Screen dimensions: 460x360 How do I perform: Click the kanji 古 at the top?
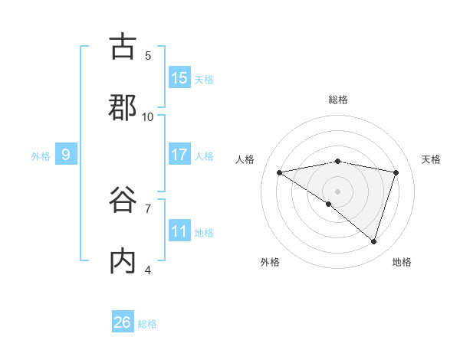(123, 47)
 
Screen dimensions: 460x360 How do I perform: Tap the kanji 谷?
(123, 200)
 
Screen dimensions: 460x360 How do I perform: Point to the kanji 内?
(123, 260)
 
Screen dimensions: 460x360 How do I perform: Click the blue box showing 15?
(179, 78)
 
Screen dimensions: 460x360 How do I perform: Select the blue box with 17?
(179, 155)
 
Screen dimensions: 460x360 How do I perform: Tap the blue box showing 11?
(179, 231)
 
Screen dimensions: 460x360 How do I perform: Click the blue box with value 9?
(66, 155)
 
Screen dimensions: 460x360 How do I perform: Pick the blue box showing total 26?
(123, 322)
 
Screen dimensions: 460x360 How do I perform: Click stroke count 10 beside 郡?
(148, 116)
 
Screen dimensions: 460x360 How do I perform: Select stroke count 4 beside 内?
(148, 270)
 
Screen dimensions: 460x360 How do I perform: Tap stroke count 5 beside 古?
(148, 55)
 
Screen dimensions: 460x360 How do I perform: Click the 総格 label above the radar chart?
(337, 100)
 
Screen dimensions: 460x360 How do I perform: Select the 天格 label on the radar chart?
(431, 159)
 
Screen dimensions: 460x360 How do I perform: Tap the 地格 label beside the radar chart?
(402, 262)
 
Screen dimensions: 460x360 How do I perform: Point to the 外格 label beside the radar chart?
(270, 262)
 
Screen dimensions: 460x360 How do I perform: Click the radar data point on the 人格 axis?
(280, 172)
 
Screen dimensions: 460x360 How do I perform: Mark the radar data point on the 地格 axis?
(373, 241)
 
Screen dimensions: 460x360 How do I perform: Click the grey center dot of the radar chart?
(337, 191)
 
